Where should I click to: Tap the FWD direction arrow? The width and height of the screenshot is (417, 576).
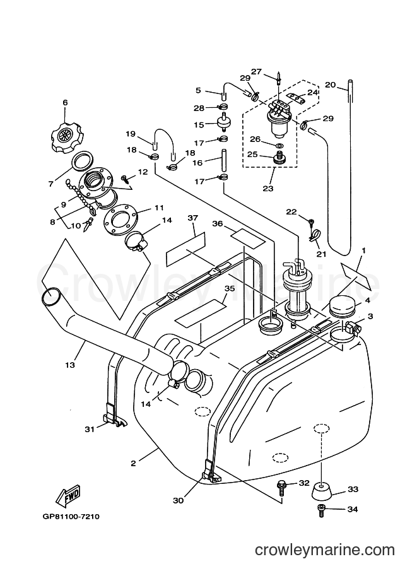click(68, 495)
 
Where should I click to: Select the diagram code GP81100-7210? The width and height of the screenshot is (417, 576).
click(71, 516)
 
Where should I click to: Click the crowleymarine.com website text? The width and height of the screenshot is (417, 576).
click(325, 550)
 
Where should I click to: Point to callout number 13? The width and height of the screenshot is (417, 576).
click(70, 365)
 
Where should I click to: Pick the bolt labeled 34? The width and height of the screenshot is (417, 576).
click(321, 510)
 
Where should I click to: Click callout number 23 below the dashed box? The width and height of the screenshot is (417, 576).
click(268, 188)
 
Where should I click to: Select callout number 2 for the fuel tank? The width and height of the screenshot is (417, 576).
click(133, 463)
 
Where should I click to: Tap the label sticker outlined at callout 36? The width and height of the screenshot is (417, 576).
click(247, 238)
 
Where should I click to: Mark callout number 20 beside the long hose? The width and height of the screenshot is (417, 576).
click(331, 85)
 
